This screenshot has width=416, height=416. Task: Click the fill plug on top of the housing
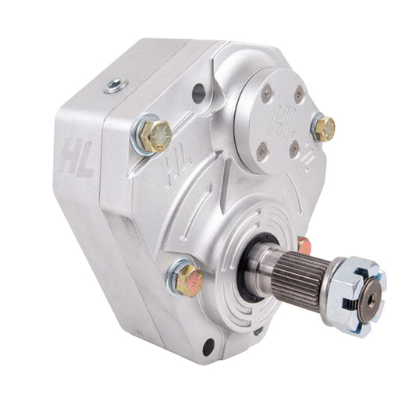[116, 85]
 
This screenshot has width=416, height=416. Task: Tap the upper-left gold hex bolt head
[156, 137]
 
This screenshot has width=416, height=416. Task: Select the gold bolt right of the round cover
[325, 129]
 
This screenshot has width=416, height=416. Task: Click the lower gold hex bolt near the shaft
[190, 281]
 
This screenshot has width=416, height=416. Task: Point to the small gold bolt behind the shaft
[304, 245]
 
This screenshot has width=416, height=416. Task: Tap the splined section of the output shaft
[300, 281]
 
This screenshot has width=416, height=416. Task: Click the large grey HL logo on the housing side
[76, 159]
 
